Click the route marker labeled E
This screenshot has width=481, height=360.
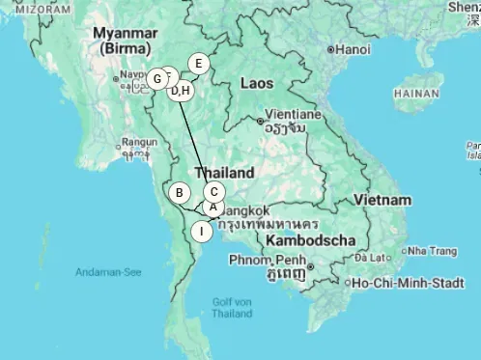(x=198, y=64)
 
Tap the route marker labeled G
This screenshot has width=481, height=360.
(x=156, y=78)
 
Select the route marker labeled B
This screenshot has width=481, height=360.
(x=179, y=193)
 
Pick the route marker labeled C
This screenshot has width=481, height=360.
(x=214, y=192)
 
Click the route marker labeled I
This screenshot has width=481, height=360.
(x=201, y=231)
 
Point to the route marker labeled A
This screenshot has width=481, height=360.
(x=212, y=206)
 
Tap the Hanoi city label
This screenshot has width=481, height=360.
(x=354, y=49)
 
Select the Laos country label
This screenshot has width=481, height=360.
(x=257, y=83)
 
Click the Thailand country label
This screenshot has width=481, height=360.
(x=224, y=173)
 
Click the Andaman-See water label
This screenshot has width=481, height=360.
(x=108, y=272)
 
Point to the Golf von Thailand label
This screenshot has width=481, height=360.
(x=232, y=308)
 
